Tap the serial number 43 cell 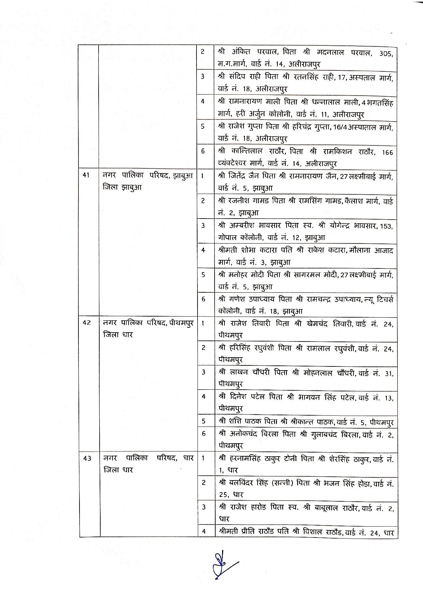[x=87, y=458]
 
